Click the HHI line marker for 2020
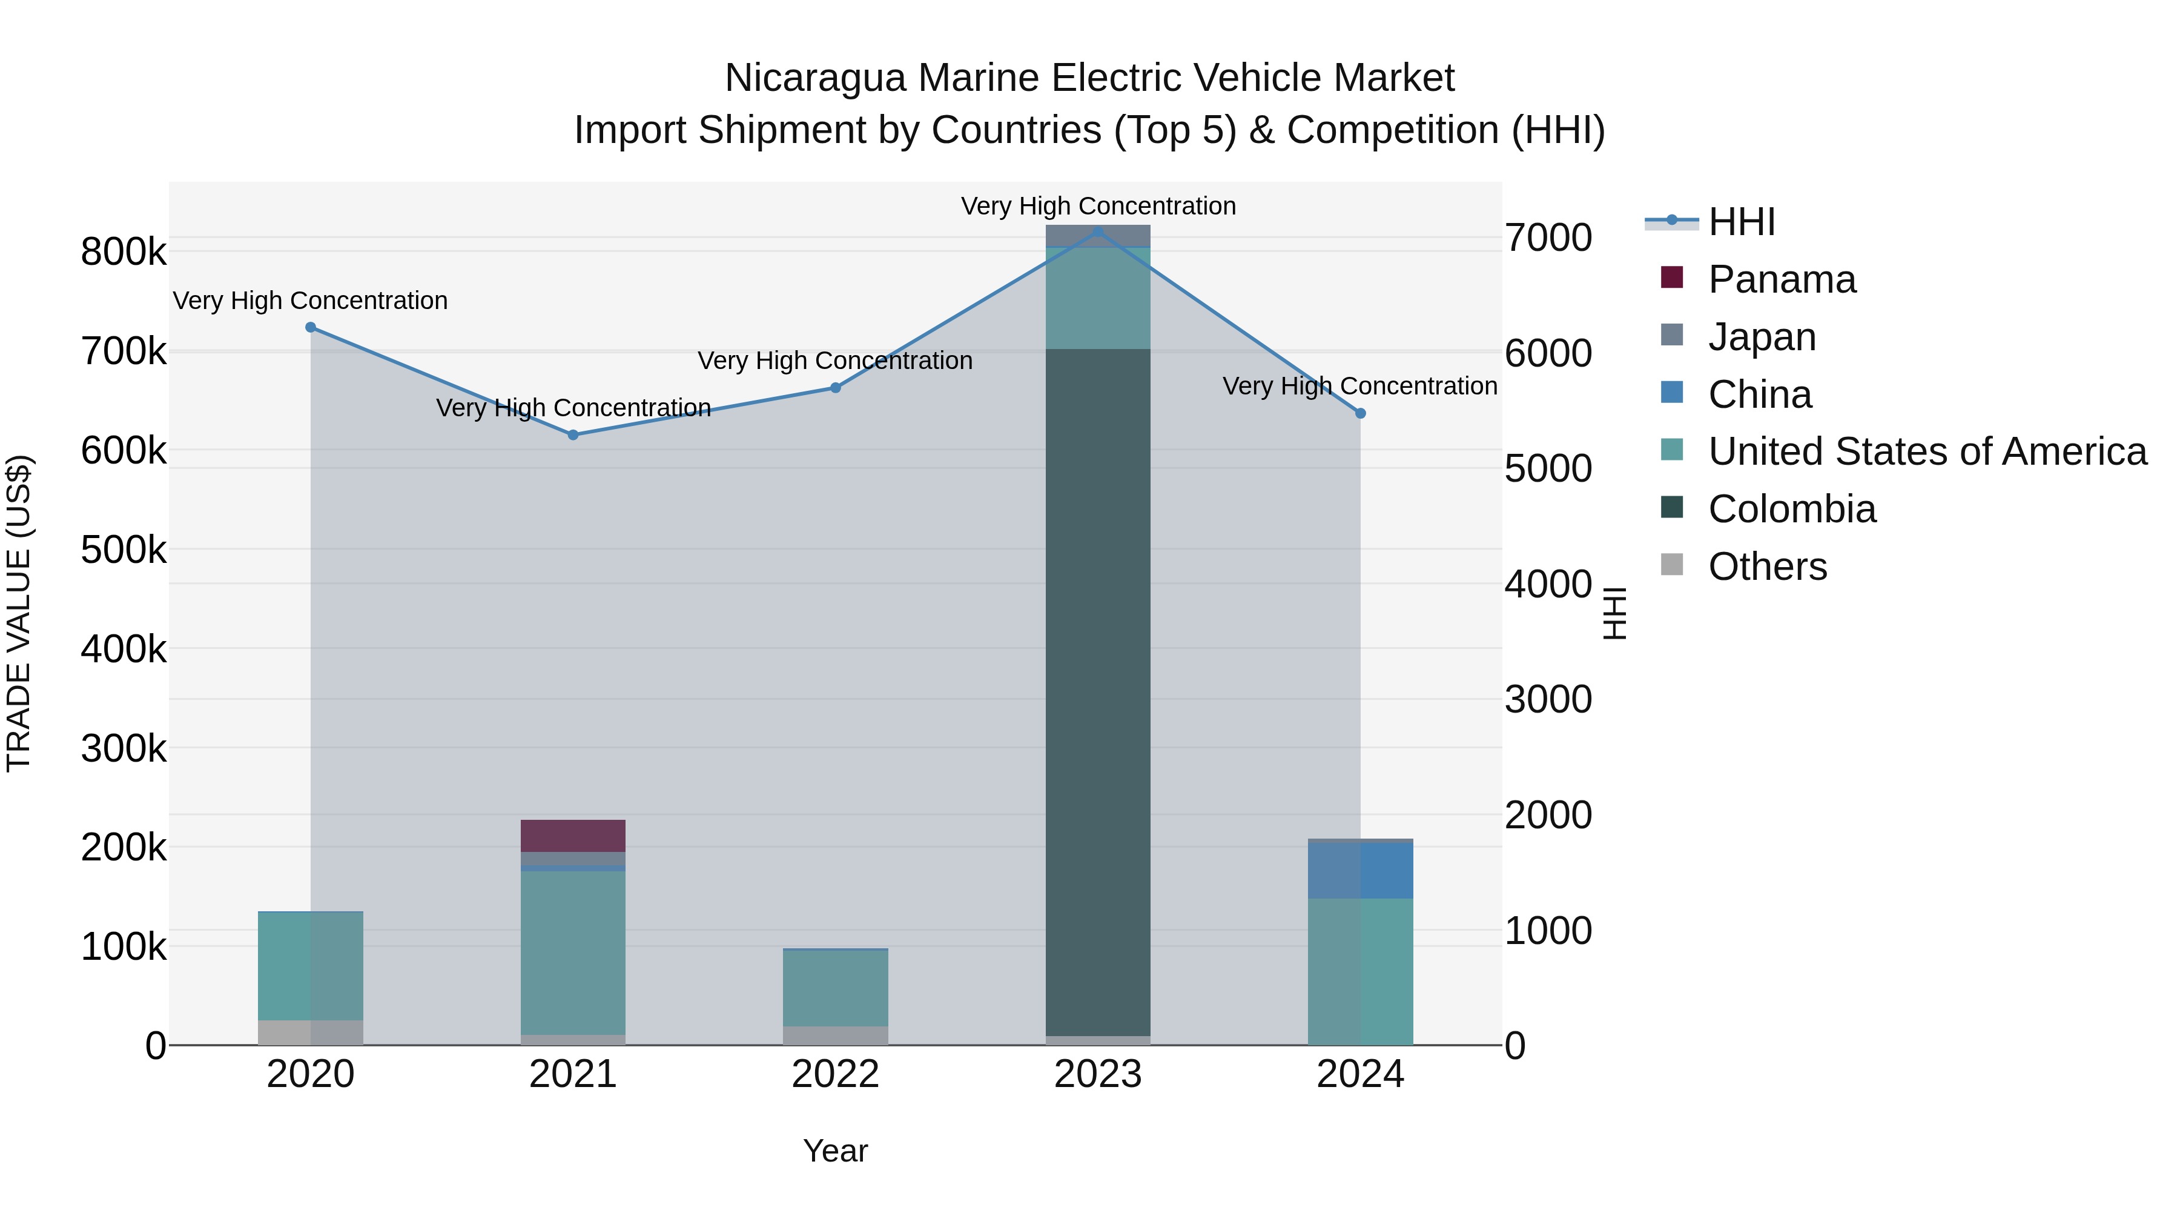[311, 327]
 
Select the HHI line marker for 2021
[573, 434]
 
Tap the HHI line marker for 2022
[835, 388]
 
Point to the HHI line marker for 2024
[1361, 413]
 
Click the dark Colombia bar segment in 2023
[1098, 690]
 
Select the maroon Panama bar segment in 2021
[573, 836]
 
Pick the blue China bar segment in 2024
[1361, 871]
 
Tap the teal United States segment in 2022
[835, 988]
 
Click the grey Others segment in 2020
[311, 1032]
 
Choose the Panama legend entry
[1782, 279]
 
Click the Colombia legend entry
[1792, 509]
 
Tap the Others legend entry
[1767, 567]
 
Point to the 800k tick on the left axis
[124, 252]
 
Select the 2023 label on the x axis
[1098, 1074]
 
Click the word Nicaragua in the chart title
[815, 78]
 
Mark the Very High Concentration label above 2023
[1098, 206]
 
